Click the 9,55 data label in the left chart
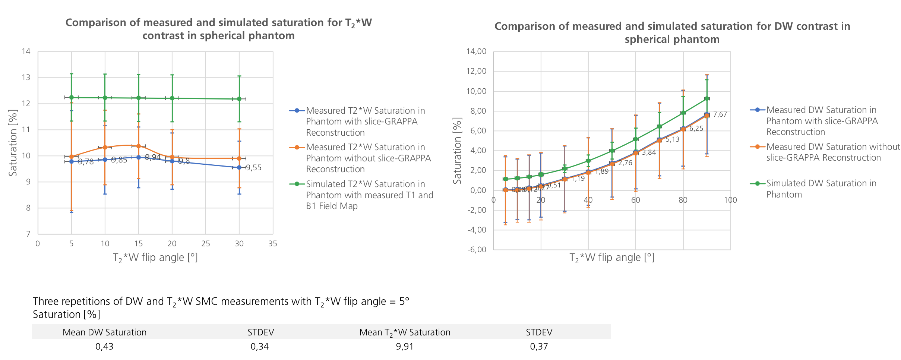[253, 168]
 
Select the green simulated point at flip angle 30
[239, 99]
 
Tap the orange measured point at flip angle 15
[139, 146]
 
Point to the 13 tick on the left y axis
[26, 78]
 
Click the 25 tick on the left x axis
[206, 244]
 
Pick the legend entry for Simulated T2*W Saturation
[369, 195]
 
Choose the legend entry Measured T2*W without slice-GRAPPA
[368, 158]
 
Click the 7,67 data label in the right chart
[720, 114]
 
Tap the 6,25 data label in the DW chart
[696, 129]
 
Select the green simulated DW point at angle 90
[706, 98]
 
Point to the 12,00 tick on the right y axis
[477, 71]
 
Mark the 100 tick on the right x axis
[730, 200]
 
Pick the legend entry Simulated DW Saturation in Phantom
[821, 189]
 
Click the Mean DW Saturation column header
[104, 332]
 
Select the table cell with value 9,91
[405, 347]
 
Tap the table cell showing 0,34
[260, 347]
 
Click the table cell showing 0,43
[104, 347]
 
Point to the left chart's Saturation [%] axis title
[13, 143]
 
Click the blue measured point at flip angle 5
[72, 161]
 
